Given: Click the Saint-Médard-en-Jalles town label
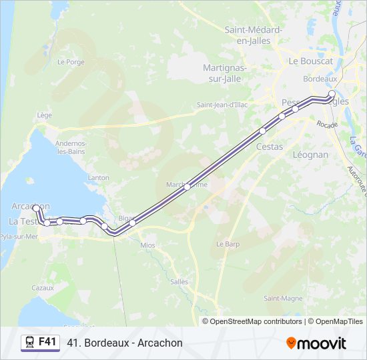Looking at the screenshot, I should click(x=254, y=35).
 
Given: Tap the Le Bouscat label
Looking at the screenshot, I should click(x=310, y=61).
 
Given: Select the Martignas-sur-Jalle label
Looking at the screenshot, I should click(x=225, y=73).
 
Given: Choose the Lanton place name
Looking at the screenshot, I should click(x=98, y=177).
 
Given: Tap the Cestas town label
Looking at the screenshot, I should click(x=270, y=147).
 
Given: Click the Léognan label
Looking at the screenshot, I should click(x=310, y=154).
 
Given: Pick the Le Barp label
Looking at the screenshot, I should click(x=228, y=244).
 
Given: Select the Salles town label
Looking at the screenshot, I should click(x=179, y=281).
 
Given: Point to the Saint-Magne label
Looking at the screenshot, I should click(x=283, y=298).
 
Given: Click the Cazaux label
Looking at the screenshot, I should click(x=42, y=287).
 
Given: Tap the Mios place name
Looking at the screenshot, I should click(x=147, y=245).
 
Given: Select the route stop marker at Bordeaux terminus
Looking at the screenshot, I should click(x=332, y=94).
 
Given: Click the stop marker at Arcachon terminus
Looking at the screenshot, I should click(x=36, y=208).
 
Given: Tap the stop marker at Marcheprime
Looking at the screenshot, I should click(x=187, y=187).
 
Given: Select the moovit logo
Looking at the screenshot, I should click(x=316, y=343).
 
